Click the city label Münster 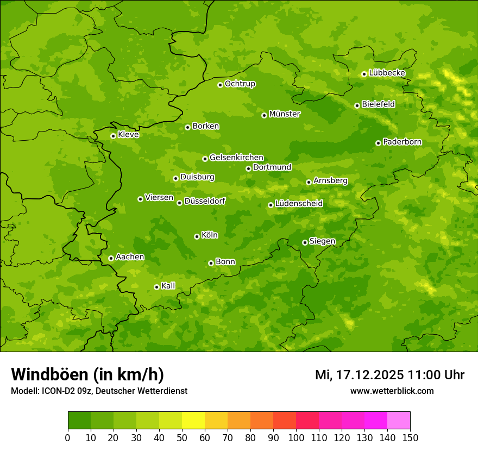pyautogui.click(x=285, y=114)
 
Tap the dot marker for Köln pyautogui.click(x=197, y=236)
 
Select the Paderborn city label pyautogui.click(x=402, y=142)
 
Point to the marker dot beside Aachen pyautogui.click(x=111, y=258)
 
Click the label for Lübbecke pyautogui.click(x=387, y=73)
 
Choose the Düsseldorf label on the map pyautogui.click(x=205, y=201)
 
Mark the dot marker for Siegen pyautogui.click(x=305, y=242)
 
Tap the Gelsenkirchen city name pyautogui.click(x=236, y=158)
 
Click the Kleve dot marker pyautogui.click(x=113, y=136)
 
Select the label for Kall pyautogui.click(x=168, y=286)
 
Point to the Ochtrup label pyautogui.click(x=240, y=84)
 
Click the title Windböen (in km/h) pyautogui.click(x=87, y=375)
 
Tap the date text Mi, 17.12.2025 pyautogui.click(x=358, y=375)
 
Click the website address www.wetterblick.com pyautogui.click(x=392, y=391)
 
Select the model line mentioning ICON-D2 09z pyautogui.click(x=99, y=391)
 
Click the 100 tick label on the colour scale pyautogui.click(x=296, y=437)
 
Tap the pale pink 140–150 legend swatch pyautogui.click(x=399, y=421)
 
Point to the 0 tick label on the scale pyautogui.click(x=68, y=437)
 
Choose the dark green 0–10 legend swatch pyautogui.click(x=79, y=421)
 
